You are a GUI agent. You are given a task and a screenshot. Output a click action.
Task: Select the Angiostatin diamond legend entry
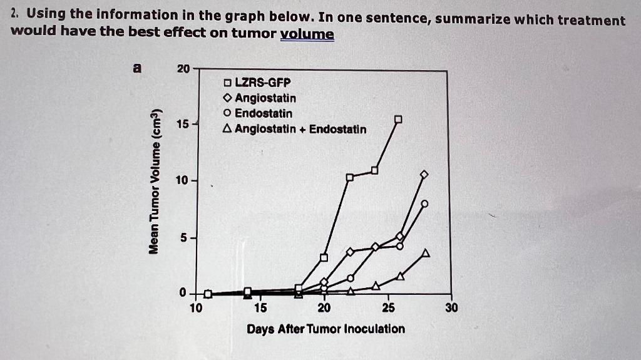(260, 98)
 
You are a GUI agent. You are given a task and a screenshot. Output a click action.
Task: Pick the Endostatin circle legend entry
(258, 113)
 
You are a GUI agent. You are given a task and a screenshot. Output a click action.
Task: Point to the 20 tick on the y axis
(182, 68)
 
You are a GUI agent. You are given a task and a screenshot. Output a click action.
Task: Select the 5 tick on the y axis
(182, 238)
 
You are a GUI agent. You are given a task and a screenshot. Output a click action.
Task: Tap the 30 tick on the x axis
(452, 307)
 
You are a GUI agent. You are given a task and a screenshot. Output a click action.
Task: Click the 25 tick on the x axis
(388, 307)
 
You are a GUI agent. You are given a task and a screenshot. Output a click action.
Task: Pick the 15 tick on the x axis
(260, 307)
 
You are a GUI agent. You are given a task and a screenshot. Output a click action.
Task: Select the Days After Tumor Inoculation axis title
(326, 329)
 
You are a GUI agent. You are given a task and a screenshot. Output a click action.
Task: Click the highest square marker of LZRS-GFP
(398, 119)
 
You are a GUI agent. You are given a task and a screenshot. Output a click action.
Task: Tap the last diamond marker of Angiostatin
(424, 174)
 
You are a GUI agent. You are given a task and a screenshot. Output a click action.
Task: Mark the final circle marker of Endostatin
(424, 203)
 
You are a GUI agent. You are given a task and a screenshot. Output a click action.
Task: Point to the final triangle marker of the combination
(426, 253)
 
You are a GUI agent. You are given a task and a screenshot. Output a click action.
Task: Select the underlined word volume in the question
(307, 34)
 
